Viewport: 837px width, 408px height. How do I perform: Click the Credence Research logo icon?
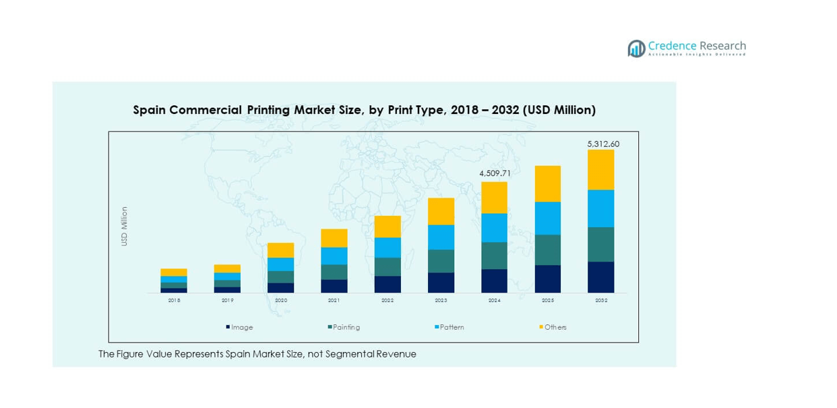coord(636,49)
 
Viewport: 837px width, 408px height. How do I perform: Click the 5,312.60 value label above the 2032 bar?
coord(602,144)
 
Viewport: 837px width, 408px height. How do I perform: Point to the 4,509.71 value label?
coord(495,173)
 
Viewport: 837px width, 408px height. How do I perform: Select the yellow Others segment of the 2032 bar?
coord(600,170)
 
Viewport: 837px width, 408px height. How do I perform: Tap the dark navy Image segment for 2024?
coord(494,281)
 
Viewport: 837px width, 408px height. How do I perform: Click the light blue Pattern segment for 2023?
coord(441,237)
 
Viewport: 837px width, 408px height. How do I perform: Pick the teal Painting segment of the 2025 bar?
coord(547,250)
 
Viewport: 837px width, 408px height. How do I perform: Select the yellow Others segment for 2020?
coord(280,250)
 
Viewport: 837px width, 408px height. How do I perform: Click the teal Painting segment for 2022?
coord(387,266)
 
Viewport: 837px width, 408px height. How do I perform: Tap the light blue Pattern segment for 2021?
coord(334,256)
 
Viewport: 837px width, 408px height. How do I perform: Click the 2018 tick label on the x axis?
coord(174,301)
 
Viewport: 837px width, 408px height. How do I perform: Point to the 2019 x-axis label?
coord(227,301)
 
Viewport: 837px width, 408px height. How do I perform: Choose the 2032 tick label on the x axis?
coord(600,301)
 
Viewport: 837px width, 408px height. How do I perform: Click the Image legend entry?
coord(241,327)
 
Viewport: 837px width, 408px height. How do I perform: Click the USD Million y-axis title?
coord(125,226)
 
